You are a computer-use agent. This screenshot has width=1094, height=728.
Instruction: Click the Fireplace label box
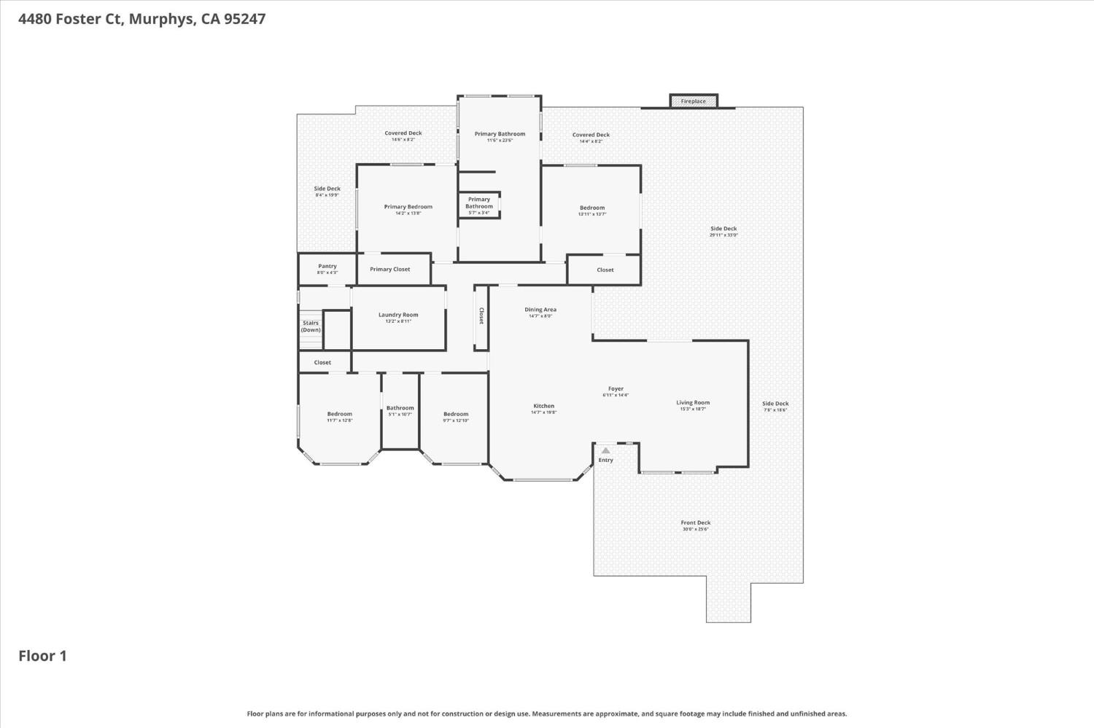coord(694,101)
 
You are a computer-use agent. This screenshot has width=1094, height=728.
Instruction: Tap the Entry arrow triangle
coord(605,450)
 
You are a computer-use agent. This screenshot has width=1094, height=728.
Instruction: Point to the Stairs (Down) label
coord(311,326)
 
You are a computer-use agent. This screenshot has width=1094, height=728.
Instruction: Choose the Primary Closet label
coord(390,269)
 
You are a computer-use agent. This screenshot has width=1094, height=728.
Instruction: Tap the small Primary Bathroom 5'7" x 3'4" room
coord(479,205)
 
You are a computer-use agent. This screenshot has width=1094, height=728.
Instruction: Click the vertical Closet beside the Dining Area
coord(481,316)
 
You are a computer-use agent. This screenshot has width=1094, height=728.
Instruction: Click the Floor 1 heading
coord(42,656)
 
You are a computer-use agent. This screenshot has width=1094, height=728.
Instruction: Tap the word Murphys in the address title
coord(161,19)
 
